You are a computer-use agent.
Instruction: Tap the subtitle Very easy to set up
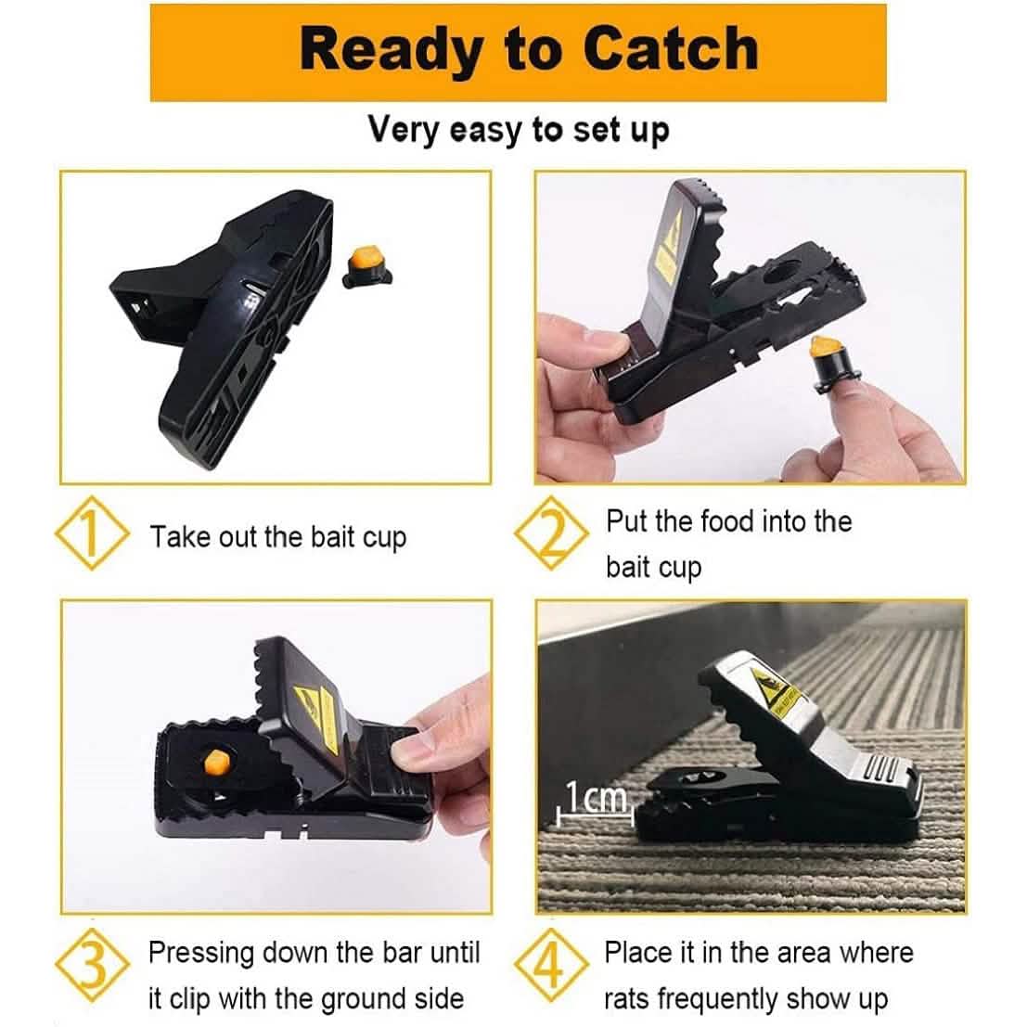(518, 129)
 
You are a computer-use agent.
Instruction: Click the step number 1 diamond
(91, 536)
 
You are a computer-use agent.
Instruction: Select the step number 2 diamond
(551, 536)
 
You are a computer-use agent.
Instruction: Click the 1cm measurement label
(597, 796)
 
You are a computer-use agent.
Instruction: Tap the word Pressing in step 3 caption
(201, 954)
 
